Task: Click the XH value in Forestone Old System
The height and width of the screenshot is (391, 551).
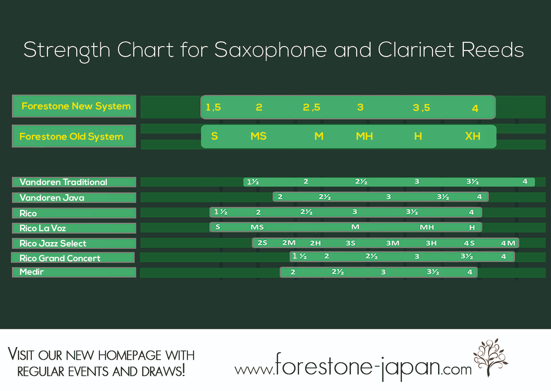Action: pyautogui.click(x=473, y=136)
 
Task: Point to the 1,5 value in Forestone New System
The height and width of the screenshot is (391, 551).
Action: pyautogui.click(x=213, y=108)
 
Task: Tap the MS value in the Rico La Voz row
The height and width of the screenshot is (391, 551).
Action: pyautogui.click(x=257, y=227)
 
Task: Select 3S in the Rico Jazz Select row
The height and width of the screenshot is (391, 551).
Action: pyautogui.click(x=350, y=243)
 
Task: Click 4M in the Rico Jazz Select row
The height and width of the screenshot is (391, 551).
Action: pyautogui.click(x=508, y=243)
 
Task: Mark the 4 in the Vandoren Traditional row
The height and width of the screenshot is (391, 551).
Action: pyautogui.click(x=525, y=182)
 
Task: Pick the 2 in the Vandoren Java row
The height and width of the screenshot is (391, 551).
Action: pyautogui.click(x=280, y=197)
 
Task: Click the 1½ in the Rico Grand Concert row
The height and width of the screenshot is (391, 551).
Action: pyautogui.click(x=299, y=256)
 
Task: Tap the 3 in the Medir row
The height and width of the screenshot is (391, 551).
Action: pyautogui.click(x=383, y=272)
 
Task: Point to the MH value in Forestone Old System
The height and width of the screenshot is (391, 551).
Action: pyautogui.click(x=364, y=136)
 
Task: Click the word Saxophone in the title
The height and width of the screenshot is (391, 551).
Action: pyautogui.click(x=271, y=51)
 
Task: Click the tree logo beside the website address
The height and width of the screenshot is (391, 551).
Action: pyautogui.click(x=490, y=357)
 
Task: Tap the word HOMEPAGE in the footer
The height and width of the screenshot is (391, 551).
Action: pyautogui.click(x=129, y=356)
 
